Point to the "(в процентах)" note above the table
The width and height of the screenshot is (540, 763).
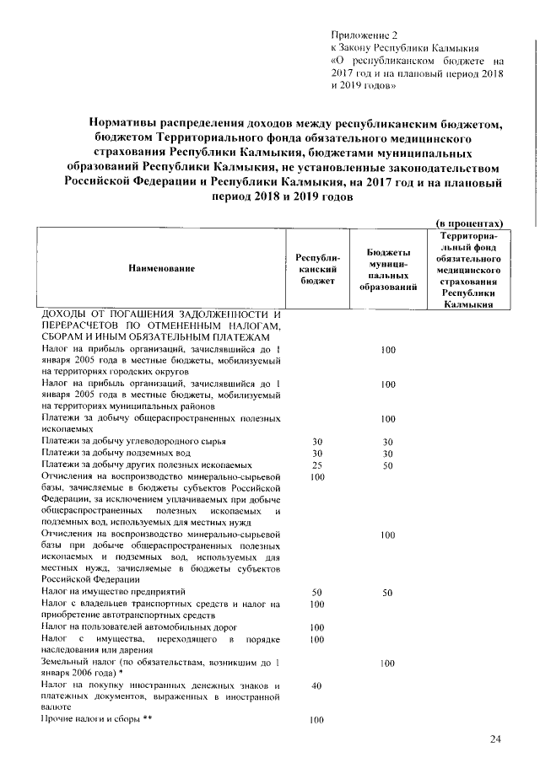469,223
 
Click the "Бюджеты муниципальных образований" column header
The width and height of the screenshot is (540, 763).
388,269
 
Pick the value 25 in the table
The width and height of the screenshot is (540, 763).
317,465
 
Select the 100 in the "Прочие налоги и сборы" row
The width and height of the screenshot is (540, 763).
317,720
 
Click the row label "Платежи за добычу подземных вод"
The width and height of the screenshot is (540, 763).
119,454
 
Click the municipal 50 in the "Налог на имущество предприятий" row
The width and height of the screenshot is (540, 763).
388,593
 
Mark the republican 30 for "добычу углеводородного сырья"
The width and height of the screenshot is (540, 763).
317,442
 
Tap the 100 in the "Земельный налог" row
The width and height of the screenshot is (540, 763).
388,664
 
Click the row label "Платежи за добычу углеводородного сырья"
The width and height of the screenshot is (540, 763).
133,442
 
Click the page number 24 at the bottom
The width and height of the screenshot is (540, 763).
495,739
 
